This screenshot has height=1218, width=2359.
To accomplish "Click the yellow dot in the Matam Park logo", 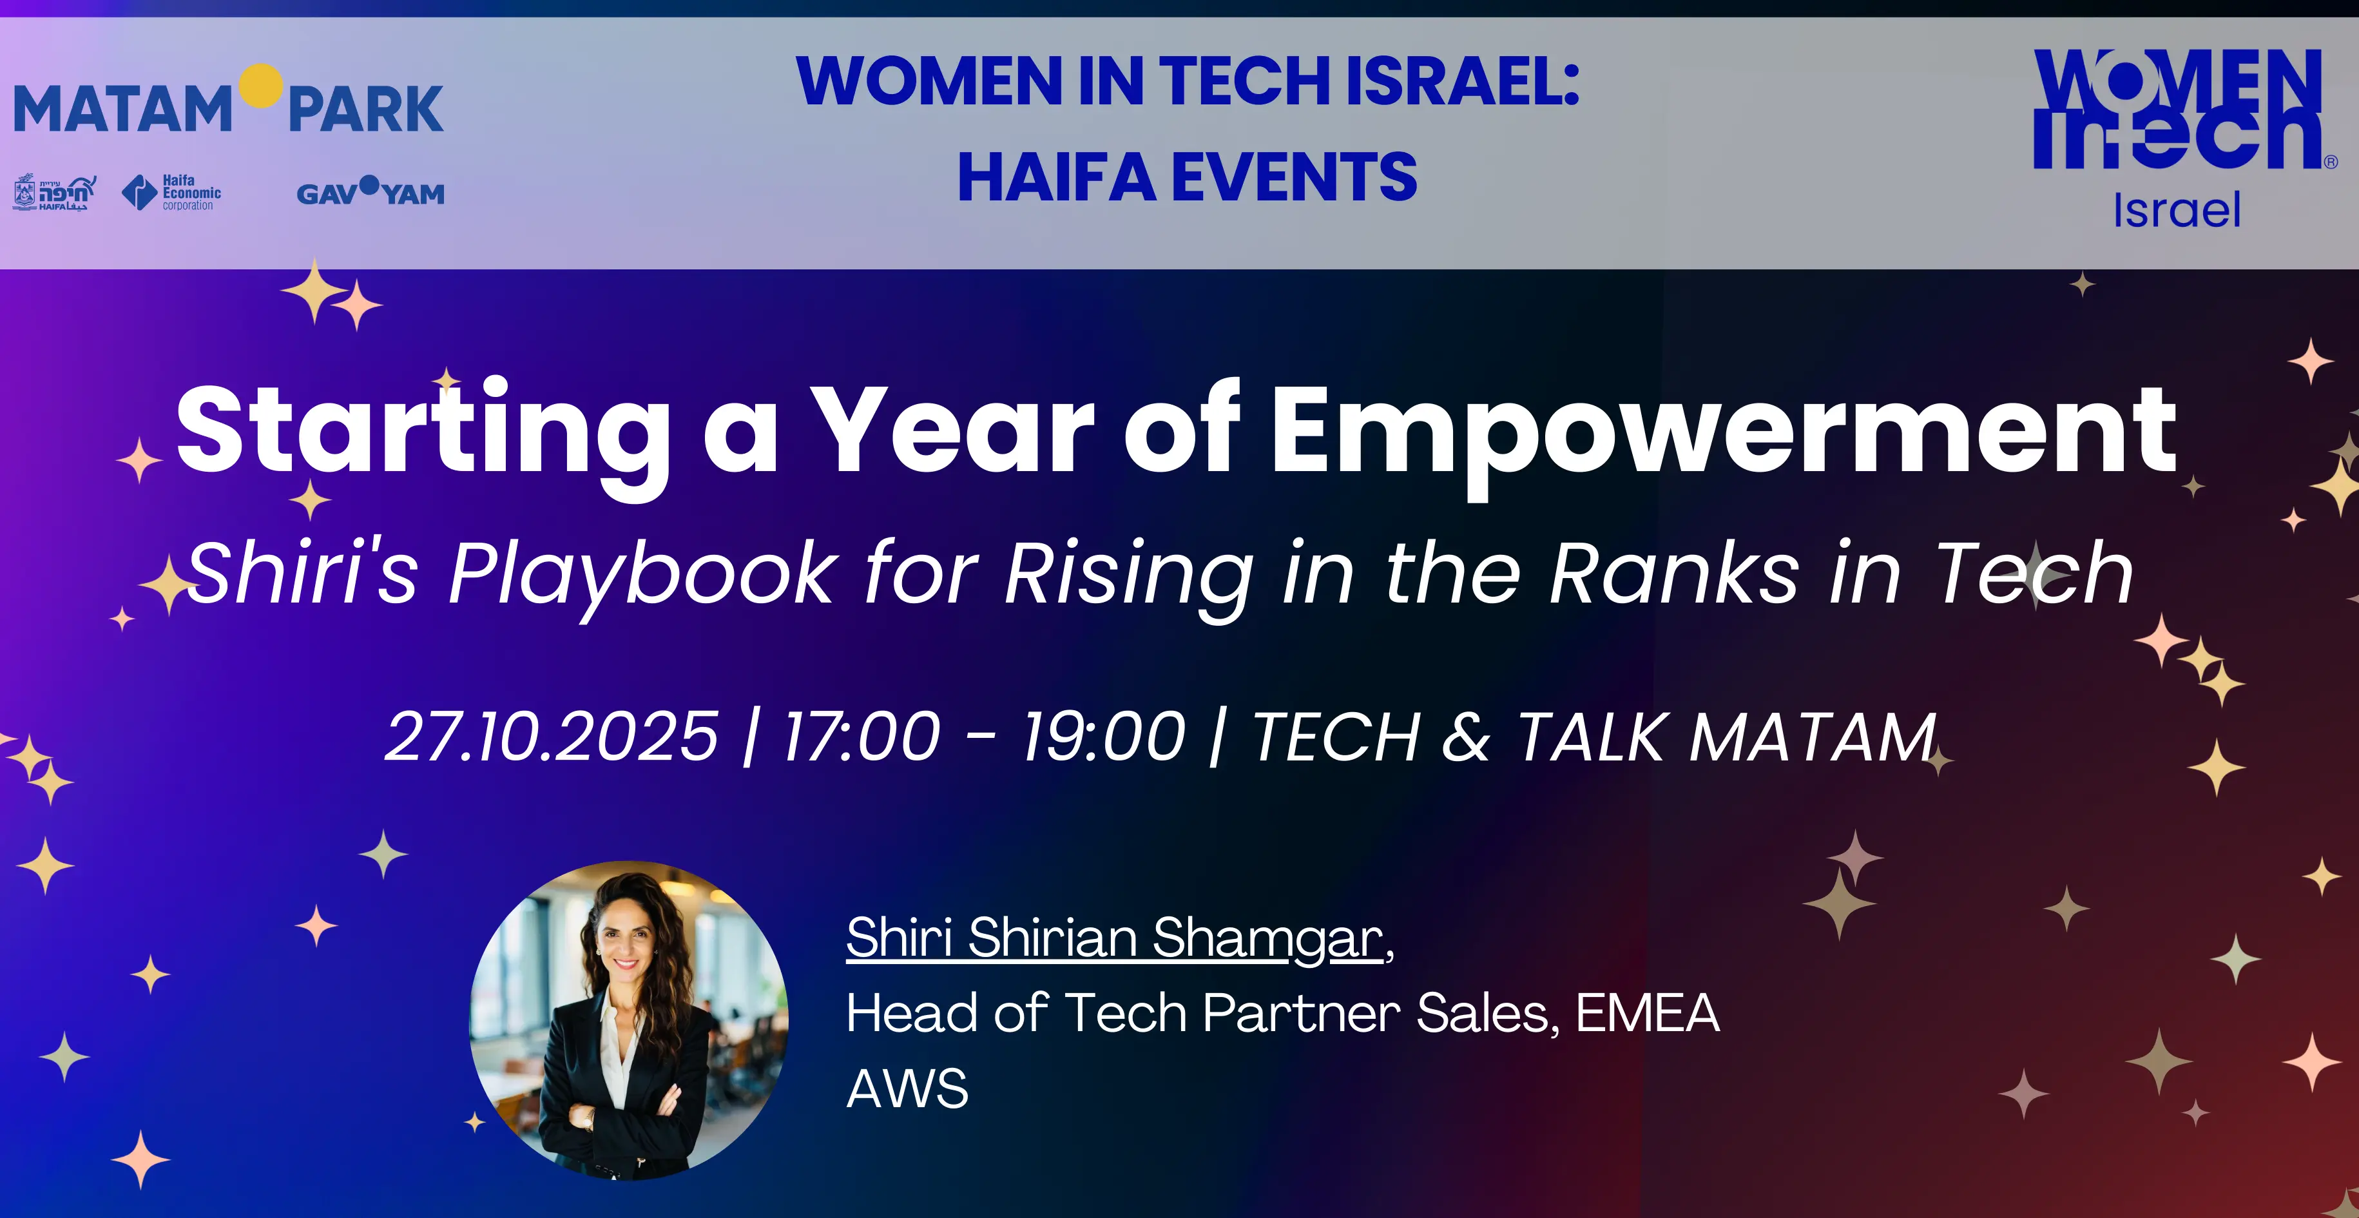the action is (261, 85).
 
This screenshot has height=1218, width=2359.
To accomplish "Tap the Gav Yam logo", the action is (370, 191).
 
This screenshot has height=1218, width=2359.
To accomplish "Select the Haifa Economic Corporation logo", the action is (171, 192).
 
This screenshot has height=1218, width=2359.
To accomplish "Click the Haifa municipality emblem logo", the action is (54, 192).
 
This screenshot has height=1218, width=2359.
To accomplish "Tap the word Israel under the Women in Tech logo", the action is (2177, 211).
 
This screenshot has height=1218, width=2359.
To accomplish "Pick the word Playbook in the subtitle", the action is (639, 575).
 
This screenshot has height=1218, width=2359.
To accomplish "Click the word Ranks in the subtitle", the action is (1674, 574).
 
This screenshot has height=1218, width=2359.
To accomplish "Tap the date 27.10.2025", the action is (552, 737).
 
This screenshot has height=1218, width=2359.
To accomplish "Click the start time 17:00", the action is (862, 737).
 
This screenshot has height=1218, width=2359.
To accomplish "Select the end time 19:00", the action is (1104, 737).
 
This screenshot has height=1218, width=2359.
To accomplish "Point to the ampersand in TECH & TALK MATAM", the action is (1466, 737).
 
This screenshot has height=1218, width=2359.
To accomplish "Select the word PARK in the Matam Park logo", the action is (365, 110).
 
